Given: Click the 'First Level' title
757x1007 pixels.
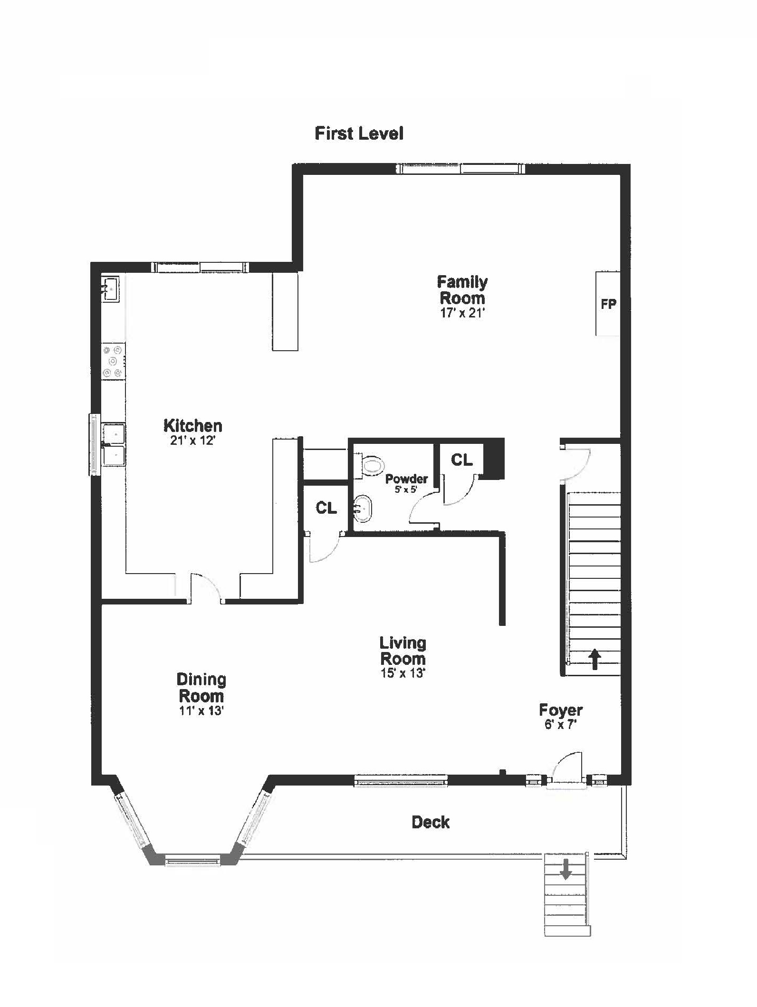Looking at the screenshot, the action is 359,134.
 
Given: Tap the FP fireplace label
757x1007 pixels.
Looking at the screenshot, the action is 608,304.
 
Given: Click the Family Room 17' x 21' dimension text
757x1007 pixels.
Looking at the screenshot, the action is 462,313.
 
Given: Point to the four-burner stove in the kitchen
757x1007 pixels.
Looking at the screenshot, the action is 114,361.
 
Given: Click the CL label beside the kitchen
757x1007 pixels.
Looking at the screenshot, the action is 326,508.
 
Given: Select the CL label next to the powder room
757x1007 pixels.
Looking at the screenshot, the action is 461,460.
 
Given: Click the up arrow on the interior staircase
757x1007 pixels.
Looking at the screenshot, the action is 595,660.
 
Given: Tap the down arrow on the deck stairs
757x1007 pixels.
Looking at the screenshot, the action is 565,869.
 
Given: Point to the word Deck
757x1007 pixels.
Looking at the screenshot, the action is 431,822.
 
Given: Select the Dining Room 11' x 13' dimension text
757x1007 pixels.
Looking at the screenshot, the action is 201,711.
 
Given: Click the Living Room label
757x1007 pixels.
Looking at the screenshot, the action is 403,651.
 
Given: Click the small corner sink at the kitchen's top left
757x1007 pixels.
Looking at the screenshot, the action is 110,288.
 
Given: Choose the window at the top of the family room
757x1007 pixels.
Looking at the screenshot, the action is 460,169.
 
